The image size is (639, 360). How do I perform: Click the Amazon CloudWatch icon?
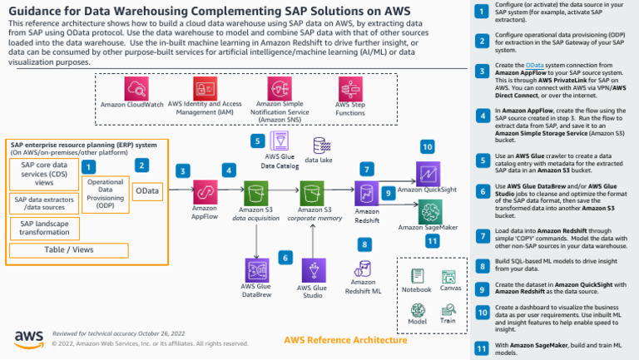[136, 88]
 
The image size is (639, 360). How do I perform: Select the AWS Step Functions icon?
[349, 88]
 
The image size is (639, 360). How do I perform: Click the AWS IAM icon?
[205, 88]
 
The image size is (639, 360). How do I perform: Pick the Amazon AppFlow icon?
[205, 191]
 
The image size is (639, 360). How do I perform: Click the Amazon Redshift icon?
[367, 193]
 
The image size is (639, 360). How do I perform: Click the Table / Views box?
[69, 249]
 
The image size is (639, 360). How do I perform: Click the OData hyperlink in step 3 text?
[534, 65]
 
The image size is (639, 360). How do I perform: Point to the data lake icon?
[319, 145]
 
